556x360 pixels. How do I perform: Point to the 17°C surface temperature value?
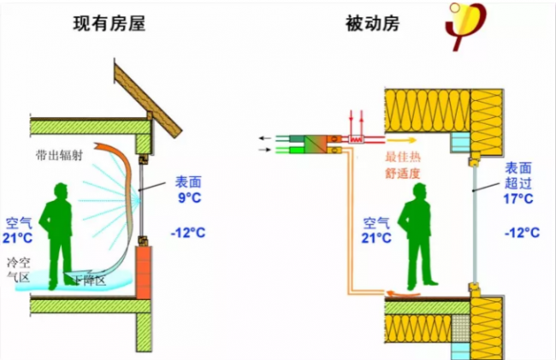(517, 198)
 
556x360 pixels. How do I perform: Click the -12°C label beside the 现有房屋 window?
(188, 232)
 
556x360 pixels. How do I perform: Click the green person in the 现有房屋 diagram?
(61, 231)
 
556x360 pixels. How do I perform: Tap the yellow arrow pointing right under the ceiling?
(403, 137)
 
